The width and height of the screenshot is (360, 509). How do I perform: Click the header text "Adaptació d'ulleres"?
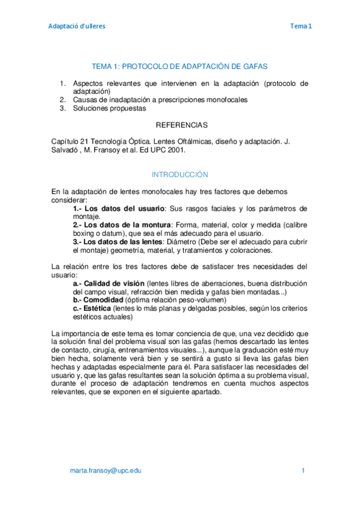76,26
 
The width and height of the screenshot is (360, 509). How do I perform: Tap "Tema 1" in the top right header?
301,26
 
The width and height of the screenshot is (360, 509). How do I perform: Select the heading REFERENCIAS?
181,125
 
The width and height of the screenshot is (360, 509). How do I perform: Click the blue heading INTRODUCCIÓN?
179,175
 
